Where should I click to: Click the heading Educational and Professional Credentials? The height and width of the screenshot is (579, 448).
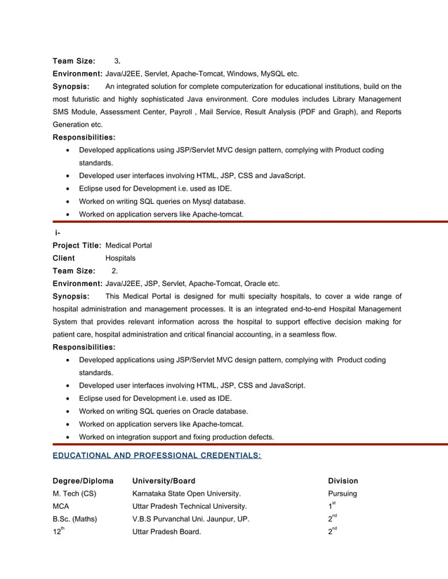157,456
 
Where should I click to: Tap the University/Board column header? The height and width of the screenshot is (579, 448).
163,481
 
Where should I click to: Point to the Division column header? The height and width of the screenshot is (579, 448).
343,481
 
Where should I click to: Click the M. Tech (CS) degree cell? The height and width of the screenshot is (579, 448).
74,493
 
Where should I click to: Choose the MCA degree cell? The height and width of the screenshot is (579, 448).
62,506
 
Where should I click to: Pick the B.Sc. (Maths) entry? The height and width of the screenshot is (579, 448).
74,519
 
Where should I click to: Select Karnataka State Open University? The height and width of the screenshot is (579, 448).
186,493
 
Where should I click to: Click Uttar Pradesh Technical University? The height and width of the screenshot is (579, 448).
189,506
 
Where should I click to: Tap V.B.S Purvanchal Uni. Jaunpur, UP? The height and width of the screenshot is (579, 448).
190,519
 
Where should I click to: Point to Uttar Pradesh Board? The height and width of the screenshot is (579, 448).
166,532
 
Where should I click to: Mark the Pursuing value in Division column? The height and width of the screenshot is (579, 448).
343,493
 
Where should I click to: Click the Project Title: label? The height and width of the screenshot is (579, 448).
77,245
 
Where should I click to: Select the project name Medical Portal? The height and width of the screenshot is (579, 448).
129,245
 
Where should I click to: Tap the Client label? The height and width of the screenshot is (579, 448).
64,258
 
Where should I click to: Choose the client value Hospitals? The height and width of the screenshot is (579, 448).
120,258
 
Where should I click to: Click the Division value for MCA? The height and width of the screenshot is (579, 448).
333,505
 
